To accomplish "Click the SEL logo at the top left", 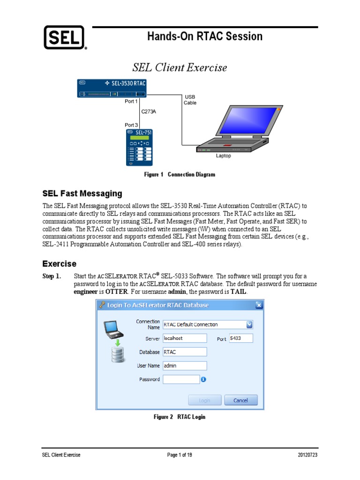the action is click(x=64, y=37).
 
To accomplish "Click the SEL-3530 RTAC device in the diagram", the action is click(x=112, y=88).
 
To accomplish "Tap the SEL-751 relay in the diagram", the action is click(x=139, y=147).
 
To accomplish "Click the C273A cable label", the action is click(x=149, y=112).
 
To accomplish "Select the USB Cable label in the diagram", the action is click(x=190, y=99).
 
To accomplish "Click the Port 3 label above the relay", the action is click(x=131, y=125).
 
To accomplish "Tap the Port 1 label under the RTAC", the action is click(x=131, y=101).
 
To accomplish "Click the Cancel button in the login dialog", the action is click(x=240, y=400).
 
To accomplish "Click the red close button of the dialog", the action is click(x=258, y=305).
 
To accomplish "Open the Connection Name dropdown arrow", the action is click(x=249, y=324).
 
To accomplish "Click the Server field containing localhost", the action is click(x=185, y=338).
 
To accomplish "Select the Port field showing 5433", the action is click(x=240, y=338).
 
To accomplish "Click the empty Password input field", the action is click(x=181, y=379).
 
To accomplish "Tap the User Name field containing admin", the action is click(x=185, y=366).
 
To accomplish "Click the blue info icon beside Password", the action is click(x=204, y=379).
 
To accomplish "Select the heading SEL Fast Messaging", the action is click(x=82, y=193).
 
